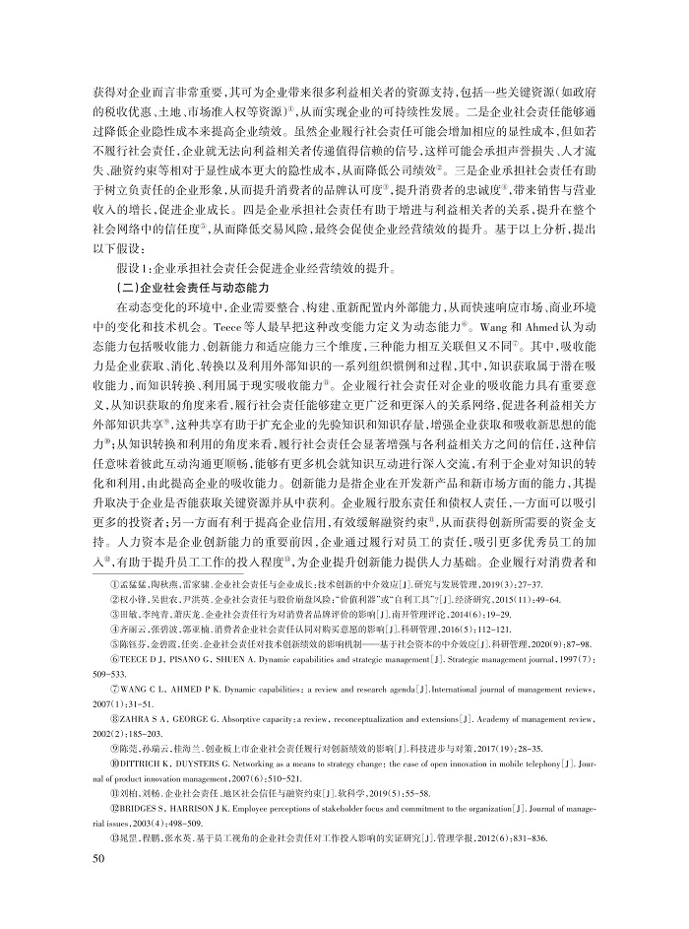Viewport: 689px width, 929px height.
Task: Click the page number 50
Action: [97, 887]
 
